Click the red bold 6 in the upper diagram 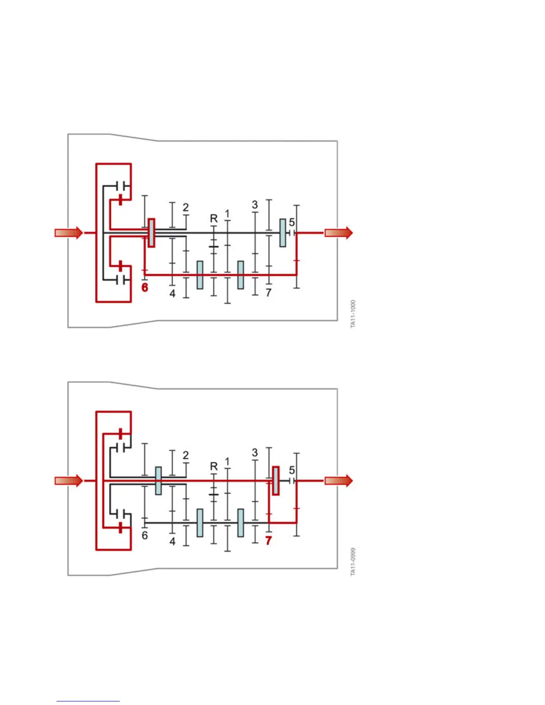[x=145, y=288]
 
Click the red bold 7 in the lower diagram [x=268, y=540]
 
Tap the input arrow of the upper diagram [x=69, y=233]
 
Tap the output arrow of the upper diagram [x=338, y=233]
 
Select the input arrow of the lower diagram [x=69, y=481]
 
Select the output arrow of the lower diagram [x=338, y=481]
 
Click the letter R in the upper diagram [x=214, y=219]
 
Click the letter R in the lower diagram [x=214, y=466]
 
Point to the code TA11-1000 [x=353, y=314]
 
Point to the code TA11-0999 [x=353, y=562]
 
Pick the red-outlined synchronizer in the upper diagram [x=151, y=233]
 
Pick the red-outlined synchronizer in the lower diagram [x=276, y=481]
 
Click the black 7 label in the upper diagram [x=268, y=293]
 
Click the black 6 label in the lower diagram [x=145, y=535]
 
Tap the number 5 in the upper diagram [x=292, y=222]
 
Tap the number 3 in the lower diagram [x=255, y=453]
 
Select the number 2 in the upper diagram [x=186, y=207]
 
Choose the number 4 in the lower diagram [x=172, y=541]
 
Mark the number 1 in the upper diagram [x=228, y=214]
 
